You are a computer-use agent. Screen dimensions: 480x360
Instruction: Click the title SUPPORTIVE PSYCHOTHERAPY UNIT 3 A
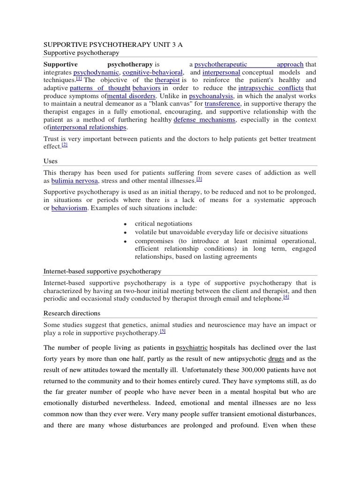[113, 45]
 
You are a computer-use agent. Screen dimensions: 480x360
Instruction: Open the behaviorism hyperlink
[69, 208]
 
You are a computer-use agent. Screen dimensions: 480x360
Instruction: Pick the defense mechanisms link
[204, 120]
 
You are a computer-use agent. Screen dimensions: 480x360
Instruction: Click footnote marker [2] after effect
[65, 145]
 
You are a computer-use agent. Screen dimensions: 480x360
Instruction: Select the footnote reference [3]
[199, 180]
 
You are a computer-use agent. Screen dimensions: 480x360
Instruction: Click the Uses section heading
[51, 161]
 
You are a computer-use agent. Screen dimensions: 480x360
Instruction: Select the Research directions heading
[72, 313]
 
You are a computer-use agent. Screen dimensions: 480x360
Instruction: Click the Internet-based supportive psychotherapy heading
[102, 271]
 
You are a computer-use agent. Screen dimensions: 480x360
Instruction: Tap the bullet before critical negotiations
[125, 225]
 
